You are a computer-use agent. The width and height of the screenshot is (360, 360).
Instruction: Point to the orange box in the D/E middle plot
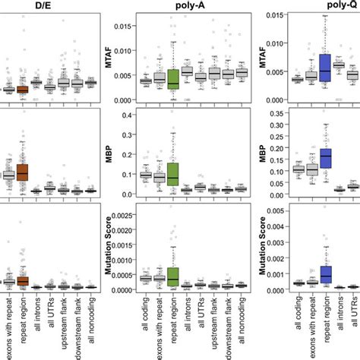(x=22, y=172)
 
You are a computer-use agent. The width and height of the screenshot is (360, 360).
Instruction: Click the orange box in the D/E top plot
(x=22, y=89)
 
